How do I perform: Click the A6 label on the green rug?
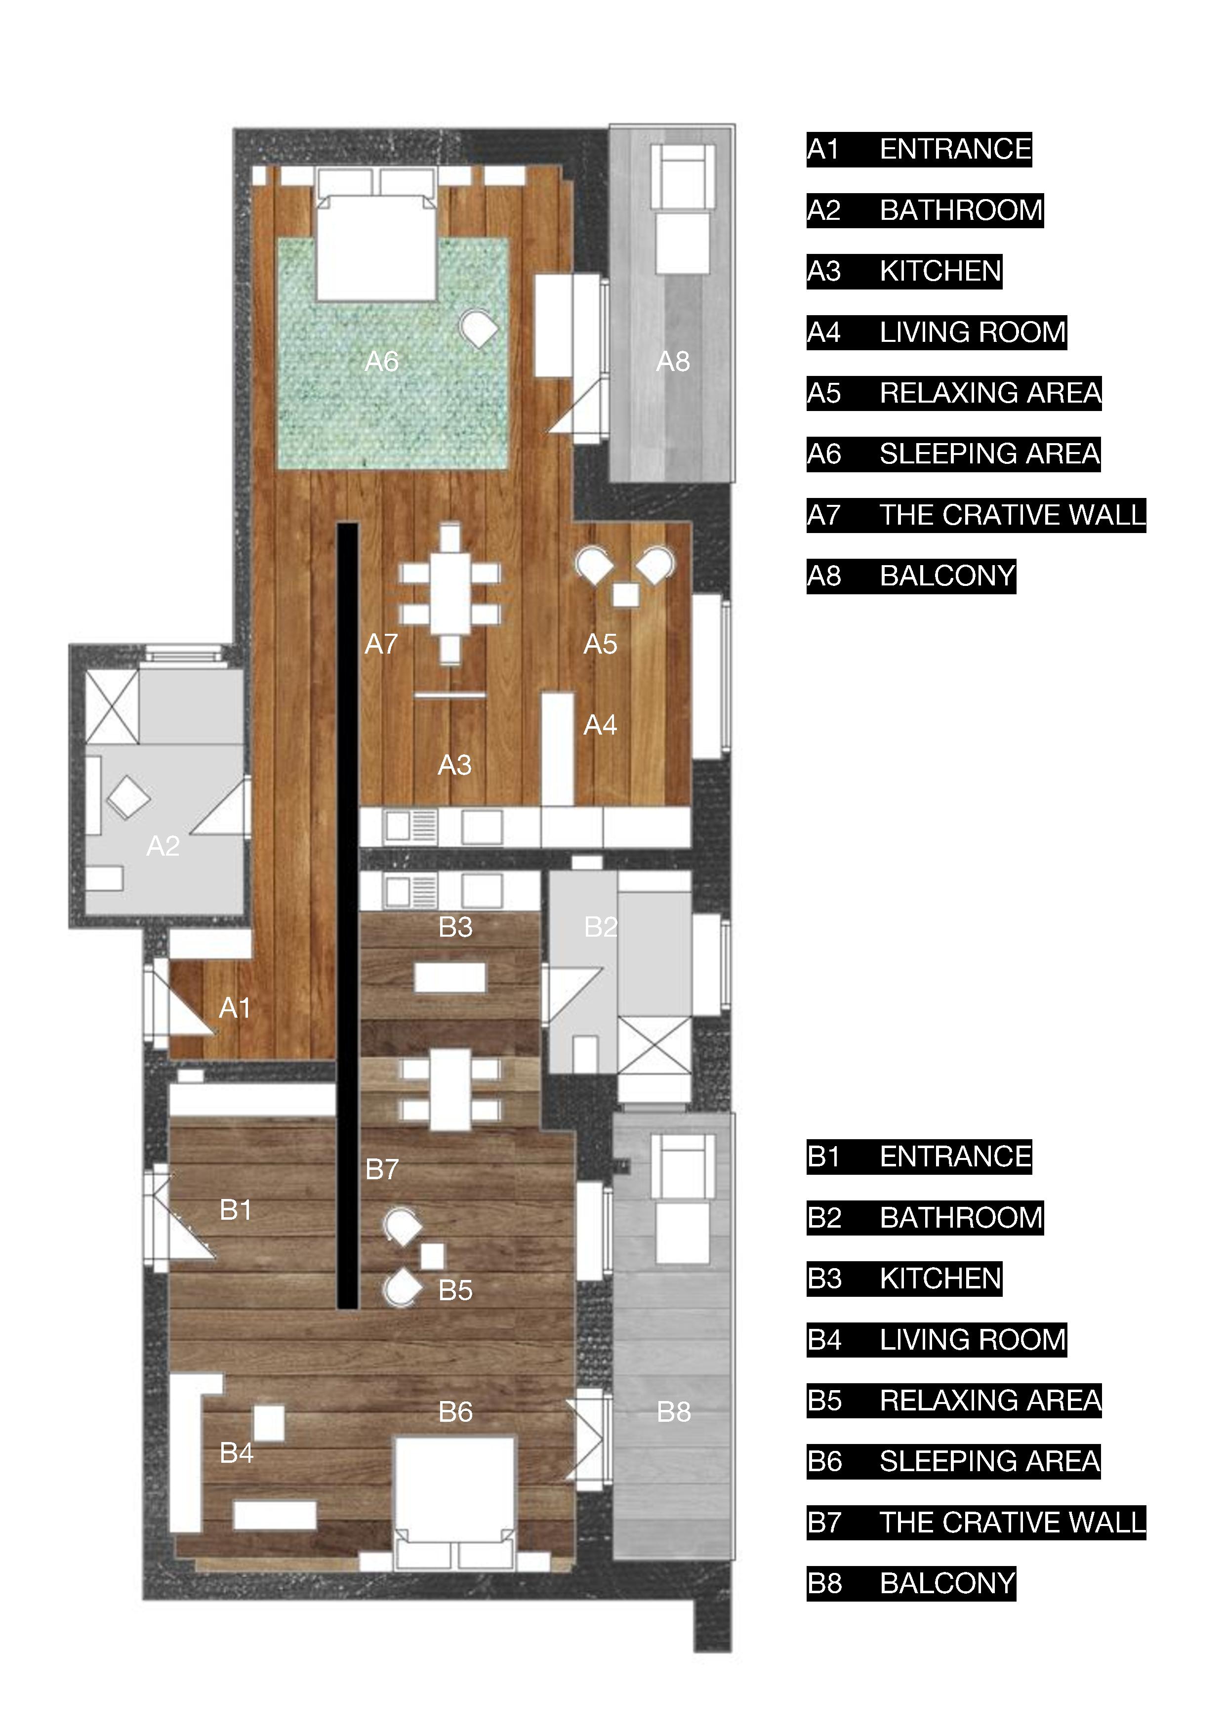coord(381,362)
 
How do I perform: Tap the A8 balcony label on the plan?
coord(672,362)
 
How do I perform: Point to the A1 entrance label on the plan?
coord(235,1008)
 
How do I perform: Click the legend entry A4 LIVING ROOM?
coord(937,332)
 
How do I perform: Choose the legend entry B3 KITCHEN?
coord(904,1279)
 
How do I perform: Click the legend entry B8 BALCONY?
coord(911,1583)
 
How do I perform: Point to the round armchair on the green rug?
coord(479,329)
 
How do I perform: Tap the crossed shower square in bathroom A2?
coord(112,706)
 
